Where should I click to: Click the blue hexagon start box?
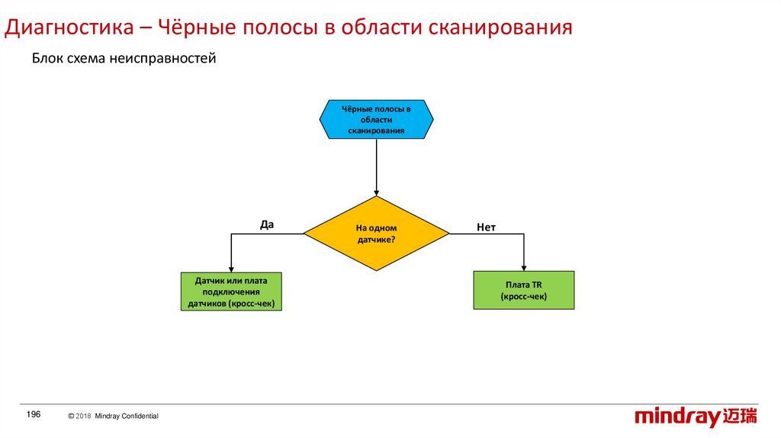[x=376, y=120]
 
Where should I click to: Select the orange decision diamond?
[x=376, y=233]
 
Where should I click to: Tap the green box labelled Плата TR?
[x=524, y=290]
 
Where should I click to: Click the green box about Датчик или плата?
[x=231, y=292]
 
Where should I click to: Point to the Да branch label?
[x=266, y=224]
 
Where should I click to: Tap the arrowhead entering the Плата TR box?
[x=524, y=266]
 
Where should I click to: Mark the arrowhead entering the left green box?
[x=231, y=268]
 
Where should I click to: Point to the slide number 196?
[x=33, y=414]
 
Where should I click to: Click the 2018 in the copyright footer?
[x=83, y=416]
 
